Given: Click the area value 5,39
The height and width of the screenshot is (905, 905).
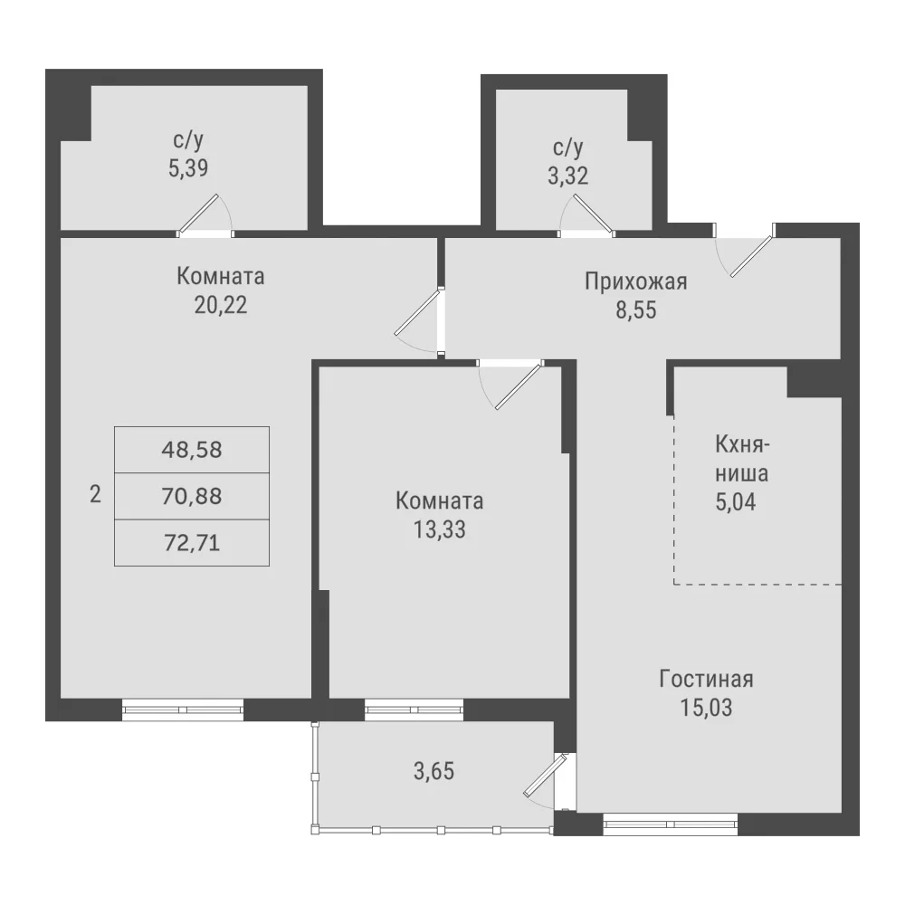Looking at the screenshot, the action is click(x=188, y=168).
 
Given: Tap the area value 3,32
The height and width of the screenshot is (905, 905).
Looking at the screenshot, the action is click(x=568, y=176).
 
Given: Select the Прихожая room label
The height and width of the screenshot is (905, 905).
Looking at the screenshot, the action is click(x=636, y=281).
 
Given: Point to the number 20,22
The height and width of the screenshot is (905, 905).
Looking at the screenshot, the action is click(x=221, y=305).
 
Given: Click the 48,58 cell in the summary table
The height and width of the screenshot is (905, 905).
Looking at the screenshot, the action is click(x=192, y=450).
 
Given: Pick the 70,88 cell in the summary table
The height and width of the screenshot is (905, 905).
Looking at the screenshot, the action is click(x=192, y=496).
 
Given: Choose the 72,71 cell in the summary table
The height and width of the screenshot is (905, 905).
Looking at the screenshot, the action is click(x=192, y=542).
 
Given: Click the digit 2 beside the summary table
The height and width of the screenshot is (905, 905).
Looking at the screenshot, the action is click(x=95, y=495).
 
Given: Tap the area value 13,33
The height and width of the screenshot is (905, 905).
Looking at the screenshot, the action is click(x=440, y=529).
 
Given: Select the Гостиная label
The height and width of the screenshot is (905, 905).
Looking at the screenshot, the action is click(x=707, y=680).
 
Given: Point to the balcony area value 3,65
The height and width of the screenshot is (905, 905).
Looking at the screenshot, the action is click(x=434, y=771).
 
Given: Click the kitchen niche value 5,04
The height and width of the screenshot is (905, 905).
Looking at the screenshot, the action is click(x=736, y=502).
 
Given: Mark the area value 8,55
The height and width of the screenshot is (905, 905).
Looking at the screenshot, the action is click(x=636, y=310).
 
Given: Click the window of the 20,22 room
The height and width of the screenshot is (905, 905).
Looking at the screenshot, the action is click(x=183, y=710).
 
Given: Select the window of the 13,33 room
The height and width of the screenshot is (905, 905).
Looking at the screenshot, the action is click(x=414, y=710).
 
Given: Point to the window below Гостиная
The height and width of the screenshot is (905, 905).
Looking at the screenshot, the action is click(x=671, y=824).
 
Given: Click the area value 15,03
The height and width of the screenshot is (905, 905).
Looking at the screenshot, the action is click(x=707, y=708).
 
